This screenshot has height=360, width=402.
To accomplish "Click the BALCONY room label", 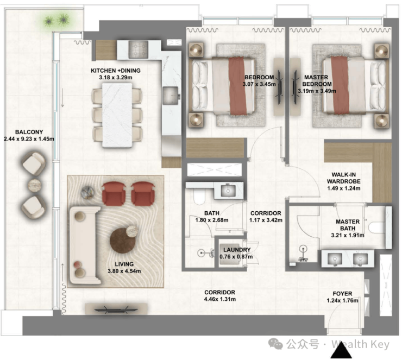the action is click(29, 132).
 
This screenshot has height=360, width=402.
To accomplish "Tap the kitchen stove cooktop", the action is click(138, 49).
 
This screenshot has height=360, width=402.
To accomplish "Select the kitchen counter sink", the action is click(171, 95).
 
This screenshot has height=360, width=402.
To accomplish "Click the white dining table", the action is click(117, 115).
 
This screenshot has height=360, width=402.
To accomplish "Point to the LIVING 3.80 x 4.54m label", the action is click(124, 268).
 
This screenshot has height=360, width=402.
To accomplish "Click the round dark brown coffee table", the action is click(123, 241).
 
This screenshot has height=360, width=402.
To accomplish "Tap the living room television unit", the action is click(116, 309).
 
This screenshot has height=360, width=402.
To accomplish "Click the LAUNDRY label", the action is click(237, 250).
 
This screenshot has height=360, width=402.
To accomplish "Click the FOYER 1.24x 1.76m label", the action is click(342, 297).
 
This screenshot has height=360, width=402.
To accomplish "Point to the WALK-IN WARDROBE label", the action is click(343, 178).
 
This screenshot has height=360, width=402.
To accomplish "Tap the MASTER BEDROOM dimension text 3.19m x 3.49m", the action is click(317, 91).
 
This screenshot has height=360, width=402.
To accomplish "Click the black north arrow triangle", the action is click(341, 350).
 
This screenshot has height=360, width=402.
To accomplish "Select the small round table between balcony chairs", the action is click(35, 185).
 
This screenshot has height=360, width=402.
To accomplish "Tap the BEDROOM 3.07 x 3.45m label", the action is click(259, 81).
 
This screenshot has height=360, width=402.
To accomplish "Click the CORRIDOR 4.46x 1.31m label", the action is click(220, 296).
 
